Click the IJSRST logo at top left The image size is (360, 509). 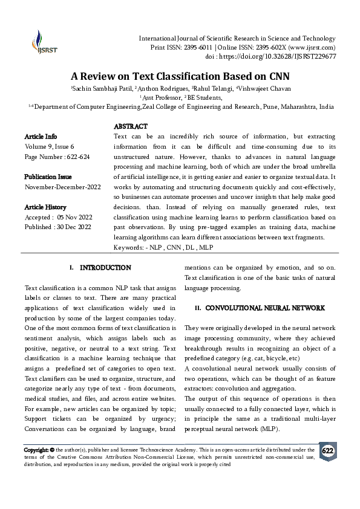pyautogui.click(x=41, y=43)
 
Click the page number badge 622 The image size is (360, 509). pyautogui.click(x=327, y=452)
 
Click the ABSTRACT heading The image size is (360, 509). pyautogui.click(x=130, y=126)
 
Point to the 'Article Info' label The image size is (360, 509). pyautogui.click(x=41, y=137)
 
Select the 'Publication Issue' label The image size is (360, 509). pyautogui.click(x=48, y=177)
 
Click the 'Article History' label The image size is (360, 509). pyautogui.click(x=46, y=207)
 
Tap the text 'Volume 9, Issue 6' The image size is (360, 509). pyautogui.click(x=49, y=146)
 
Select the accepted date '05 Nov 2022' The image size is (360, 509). pyautogui.click(x=76, y=217)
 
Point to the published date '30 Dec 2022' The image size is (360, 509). pyautogui.click(x=76, y=227)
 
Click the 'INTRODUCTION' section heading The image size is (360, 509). pyautogui.click(x=105, y=267)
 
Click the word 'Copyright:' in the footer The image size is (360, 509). pyautogui.click(x=36, y=450)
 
